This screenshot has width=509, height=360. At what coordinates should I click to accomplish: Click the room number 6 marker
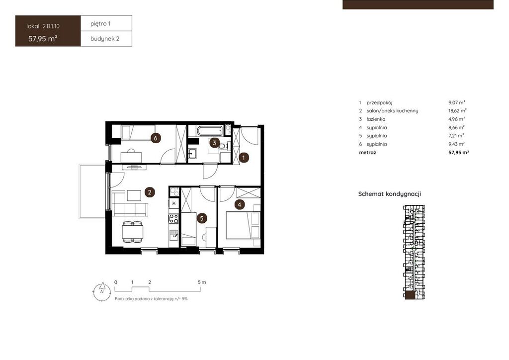(156, 138)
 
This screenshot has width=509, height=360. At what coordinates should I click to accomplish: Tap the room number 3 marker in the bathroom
(214, 143)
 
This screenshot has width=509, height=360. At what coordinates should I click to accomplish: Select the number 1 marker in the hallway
(244, 158)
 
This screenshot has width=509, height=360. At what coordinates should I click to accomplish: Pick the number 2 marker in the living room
(150, 192)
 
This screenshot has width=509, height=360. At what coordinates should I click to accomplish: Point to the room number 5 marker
(202, 218)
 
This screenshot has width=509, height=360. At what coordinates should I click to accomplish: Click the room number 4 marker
(240, 204)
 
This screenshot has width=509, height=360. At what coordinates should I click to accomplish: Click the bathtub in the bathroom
(210, 131)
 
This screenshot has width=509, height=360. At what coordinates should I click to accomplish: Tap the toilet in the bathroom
(224, 146)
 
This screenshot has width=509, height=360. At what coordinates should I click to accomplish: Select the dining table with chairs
(132, 232)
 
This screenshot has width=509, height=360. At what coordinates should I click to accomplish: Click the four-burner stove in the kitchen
(173, 218)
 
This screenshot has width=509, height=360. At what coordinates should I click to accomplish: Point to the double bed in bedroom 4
(243, 225)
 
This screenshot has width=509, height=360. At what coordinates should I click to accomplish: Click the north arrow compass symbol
(102, 291)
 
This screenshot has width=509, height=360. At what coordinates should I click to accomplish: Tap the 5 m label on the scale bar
(202, 282)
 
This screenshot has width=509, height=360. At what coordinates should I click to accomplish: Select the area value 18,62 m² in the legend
(457, 111)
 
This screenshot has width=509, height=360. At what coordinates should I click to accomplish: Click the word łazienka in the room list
(376, 119)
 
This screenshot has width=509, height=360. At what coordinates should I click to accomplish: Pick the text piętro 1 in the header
(100, 24)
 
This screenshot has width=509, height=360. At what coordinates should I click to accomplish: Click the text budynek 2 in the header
(105, 39)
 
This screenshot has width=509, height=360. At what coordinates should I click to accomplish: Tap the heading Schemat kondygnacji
(390, 194)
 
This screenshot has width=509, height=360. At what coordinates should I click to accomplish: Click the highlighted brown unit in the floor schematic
(410, 295)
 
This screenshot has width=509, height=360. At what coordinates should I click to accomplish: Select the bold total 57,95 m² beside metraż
(458, 152)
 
